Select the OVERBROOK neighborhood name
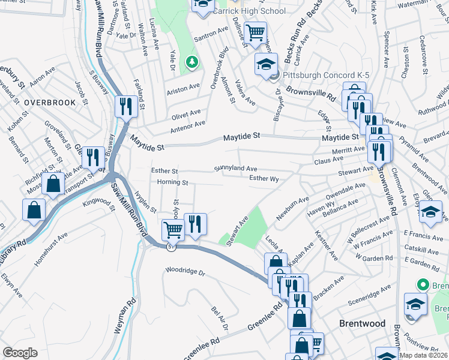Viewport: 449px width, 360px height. [x=50, y=103]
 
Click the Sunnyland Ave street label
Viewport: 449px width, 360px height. [x=236, y=169]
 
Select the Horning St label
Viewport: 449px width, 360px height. [x=172, y=182]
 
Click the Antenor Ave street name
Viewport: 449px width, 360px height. [x=188, y=124]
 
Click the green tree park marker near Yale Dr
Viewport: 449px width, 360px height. [x=191, y=61]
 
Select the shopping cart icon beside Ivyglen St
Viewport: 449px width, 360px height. [x=173, y=229]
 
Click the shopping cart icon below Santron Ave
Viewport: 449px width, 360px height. [x=256, y=32]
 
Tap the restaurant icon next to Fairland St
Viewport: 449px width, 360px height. [x=125, y=106]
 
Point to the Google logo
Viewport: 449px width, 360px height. [x=20, y=353]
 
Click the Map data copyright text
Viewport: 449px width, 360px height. [x=423, y=355]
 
